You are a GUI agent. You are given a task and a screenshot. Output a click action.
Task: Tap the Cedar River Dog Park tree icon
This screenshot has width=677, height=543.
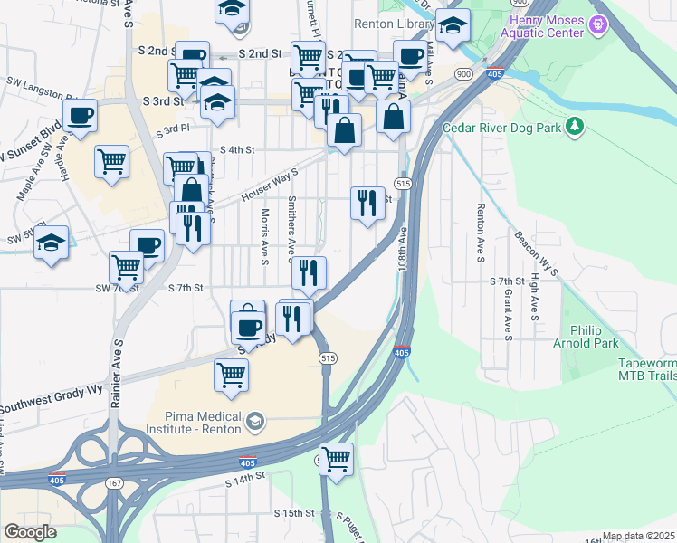573,127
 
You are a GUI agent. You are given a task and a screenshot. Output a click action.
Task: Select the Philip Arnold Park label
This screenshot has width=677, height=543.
594,337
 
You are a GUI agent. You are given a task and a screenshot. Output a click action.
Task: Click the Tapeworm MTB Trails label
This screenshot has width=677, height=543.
646,368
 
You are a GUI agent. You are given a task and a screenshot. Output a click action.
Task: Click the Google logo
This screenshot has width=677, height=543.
30,532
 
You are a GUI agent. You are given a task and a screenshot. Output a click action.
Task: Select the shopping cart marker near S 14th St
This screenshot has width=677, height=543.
337,459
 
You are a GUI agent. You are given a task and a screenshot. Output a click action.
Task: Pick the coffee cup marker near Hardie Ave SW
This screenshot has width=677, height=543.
81,117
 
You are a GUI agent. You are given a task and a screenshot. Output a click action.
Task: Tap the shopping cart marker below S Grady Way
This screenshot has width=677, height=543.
232,373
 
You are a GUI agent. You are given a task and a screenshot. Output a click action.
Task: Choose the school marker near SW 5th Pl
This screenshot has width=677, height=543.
52,243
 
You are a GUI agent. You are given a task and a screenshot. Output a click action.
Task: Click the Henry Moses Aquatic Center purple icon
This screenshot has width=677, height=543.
597,24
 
